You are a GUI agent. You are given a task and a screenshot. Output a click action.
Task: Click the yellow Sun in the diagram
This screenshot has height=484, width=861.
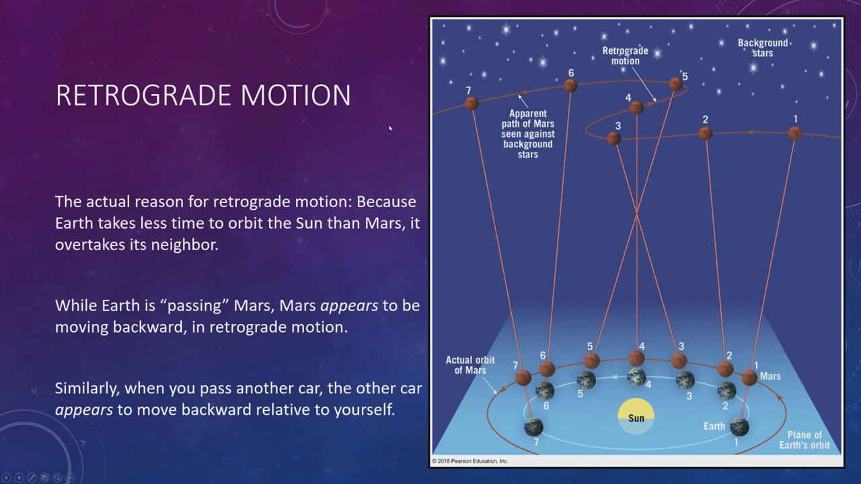click(x=636, y=416)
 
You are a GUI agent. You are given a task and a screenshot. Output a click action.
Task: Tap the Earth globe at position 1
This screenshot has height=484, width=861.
click(x=739, y=427)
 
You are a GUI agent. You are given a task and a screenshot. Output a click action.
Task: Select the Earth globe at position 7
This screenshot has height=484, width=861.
click(x=533, y=427)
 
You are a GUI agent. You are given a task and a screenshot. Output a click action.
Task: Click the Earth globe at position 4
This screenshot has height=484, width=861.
click(x=636, y=377)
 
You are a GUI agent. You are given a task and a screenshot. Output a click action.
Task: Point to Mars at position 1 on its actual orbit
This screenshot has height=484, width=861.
click(x=749, y=378)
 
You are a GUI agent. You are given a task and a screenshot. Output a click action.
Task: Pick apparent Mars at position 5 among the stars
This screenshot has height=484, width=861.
click(x=675, y=84)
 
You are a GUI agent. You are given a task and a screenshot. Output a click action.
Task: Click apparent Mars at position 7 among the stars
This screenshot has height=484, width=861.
click(x=472, y=104)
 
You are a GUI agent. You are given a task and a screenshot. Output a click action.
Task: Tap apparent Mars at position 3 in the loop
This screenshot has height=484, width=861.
click(x=614, y=138)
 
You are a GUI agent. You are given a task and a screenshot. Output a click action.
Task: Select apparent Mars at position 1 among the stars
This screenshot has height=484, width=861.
click(x=795, y=133)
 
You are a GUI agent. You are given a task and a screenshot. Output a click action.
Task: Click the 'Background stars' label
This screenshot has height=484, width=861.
click(x=763, y=48)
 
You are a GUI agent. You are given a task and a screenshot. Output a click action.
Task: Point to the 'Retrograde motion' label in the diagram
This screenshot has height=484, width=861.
click(x=625, y=56)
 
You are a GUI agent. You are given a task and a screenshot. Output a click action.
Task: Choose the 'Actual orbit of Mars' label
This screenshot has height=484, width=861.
click(x=470, y=365)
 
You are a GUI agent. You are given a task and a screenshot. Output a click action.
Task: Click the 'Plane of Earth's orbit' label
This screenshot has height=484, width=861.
click(x=804, y=440)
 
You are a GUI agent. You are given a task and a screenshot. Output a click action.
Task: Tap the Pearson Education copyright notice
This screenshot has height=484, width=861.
click(x=470, y=461)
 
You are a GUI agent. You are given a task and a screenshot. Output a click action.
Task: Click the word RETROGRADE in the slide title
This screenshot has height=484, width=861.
click(x=144, y=95)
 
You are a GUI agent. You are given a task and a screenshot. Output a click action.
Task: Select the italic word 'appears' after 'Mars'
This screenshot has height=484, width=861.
click(x=349, y=306)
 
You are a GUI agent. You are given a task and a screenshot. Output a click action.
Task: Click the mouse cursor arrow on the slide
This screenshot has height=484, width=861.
click(x=391, y=128)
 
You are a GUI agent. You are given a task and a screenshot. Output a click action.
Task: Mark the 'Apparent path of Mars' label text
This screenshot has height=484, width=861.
click(x=528, y=134)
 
